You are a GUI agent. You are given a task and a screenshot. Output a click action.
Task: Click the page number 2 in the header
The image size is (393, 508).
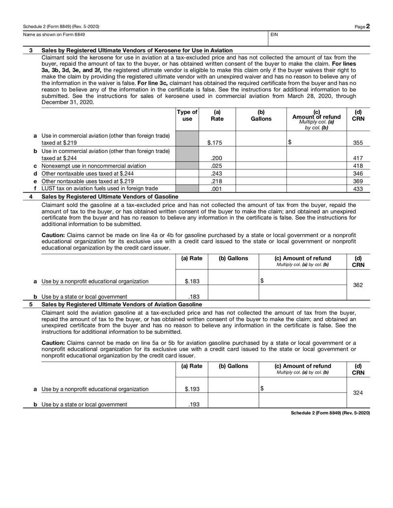[367, 27]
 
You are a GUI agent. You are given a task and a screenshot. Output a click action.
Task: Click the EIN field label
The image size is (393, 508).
[275, 35]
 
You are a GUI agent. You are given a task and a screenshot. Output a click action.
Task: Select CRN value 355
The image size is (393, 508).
[358, 143]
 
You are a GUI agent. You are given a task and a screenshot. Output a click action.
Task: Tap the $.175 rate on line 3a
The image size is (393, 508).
[215, 143]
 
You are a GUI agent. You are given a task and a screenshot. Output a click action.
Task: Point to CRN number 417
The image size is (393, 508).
[358, 158]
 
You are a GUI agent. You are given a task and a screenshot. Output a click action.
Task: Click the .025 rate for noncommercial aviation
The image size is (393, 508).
[215, 166]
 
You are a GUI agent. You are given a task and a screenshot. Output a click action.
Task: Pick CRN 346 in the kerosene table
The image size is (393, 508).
[358, 173]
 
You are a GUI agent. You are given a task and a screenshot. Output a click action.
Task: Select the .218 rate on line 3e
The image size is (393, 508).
[215, 181]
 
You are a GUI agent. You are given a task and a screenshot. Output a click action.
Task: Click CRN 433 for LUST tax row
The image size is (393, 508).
[358, 188]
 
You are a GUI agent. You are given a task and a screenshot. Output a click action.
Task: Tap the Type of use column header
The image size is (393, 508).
[187, 115]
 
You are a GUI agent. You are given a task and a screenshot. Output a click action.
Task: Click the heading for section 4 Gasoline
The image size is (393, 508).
[110, 196]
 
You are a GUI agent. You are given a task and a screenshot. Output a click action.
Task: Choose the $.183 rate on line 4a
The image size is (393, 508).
[192, 281]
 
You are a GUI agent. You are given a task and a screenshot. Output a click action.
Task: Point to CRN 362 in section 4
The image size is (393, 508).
[358, 285]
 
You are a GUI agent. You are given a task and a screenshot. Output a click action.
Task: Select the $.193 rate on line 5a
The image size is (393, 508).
[192, 389]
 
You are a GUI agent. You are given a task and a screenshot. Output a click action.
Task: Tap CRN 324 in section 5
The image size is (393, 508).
[358, 393]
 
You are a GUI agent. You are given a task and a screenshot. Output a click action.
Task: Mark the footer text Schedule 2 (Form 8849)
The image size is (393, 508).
[330, 413]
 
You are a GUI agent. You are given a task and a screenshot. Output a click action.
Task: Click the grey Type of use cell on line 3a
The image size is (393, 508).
[187, 139]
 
